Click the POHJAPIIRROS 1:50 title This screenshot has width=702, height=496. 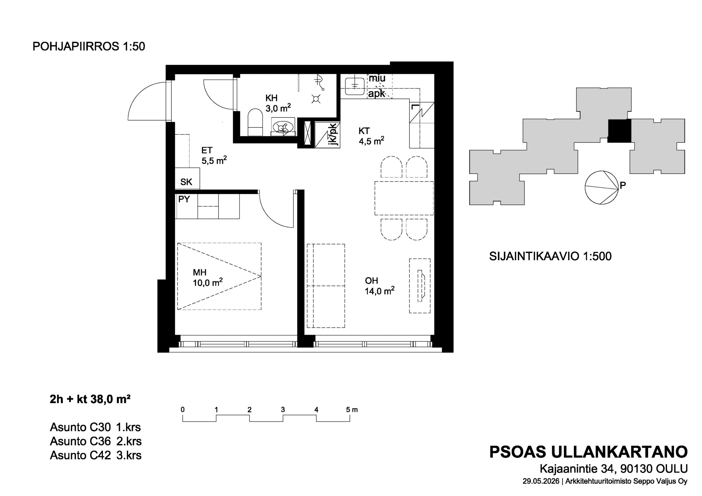pos(89,46)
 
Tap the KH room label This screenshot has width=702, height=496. pos(271,98)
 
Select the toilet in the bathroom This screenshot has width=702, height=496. pos(255,122)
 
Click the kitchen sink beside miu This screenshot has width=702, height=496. pos(355,86)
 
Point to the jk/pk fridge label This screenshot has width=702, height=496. pos(332,135)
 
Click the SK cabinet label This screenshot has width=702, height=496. pos(186,182)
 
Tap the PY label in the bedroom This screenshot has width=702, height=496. pos(184,199)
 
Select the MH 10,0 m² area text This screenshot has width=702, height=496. pos(208,278)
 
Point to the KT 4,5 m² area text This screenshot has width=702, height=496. pos(371,136)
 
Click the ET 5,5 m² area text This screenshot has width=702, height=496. pos(214,156)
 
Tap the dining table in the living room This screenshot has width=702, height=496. pos(404,198)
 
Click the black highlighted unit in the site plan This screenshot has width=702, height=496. pos(619,131)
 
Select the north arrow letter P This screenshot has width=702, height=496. pos(623,186)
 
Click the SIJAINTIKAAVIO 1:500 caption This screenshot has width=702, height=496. pos(550,257)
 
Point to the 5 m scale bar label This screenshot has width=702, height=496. pos(352,410)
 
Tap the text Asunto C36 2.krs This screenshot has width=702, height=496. pos(96,441)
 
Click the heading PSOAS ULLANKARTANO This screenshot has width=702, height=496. pos(588,452)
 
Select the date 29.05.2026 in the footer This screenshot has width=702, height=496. pos(541,481)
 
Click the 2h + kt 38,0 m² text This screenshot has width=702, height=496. pos(90,399)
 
